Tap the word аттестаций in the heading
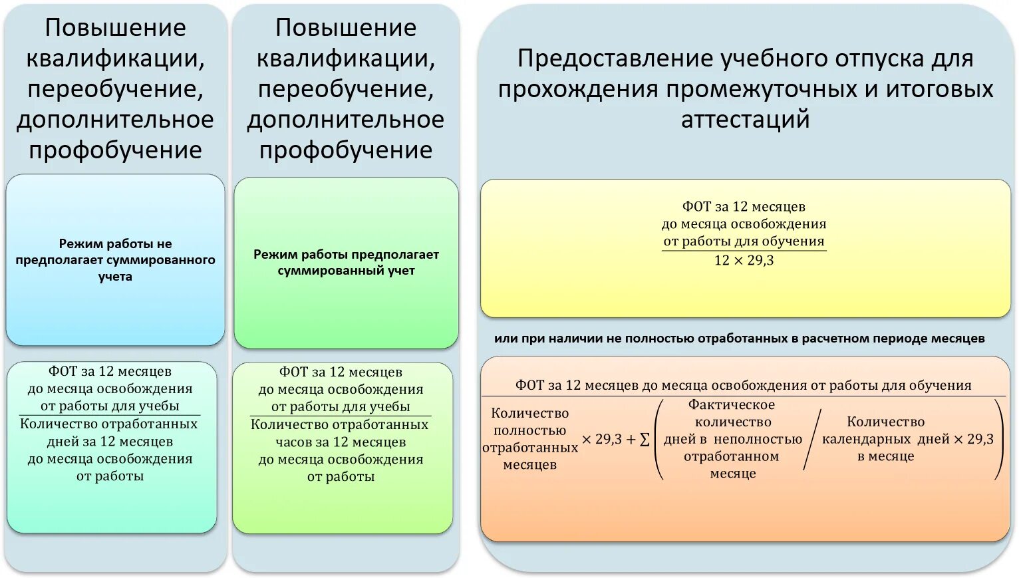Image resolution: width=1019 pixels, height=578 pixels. coord(745,120)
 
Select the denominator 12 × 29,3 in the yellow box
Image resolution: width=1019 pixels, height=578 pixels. coord(744,261)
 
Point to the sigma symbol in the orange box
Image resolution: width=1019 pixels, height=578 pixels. coord(644,440)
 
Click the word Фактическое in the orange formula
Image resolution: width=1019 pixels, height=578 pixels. coord(732,405)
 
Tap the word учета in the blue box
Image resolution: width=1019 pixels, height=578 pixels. coord(115,277)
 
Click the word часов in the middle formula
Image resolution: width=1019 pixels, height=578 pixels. coord(293,442)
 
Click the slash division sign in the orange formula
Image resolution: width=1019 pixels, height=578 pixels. coord(811,440)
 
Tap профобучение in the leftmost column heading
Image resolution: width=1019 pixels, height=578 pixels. coord(115,150)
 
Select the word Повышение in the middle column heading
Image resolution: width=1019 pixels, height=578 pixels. coord(346,28)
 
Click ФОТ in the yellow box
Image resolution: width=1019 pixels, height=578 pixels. coord(696,207)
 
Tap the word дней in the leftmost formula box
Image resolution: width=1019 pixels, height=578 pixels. coord(63,442)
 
